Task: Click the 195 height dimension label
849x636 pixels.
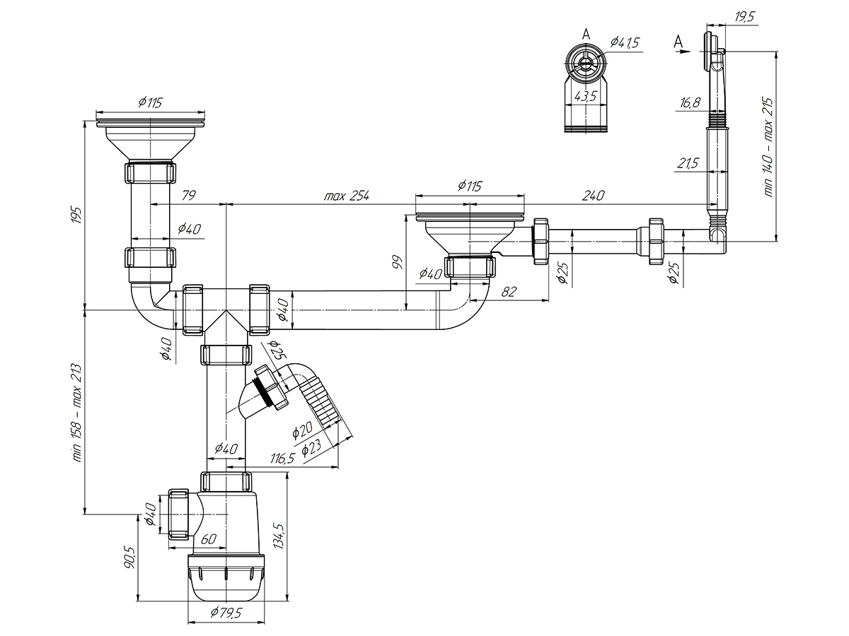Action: click(76, 215)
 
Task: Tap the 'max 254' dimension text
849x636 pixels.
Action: click(347, 196)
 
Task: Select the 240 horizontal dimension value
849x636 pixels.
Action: click(593, 196)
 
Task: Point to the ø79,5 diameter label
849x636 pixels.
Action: click(226, 613)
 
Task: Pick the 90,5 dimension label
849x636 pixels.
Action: click(129, 557)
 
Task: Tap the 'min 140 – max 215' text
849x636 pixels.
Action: click(768, 148)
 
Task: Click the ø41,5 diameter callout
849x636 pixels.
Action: click(625, 42)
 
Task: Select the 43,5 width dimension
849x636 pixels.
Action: click(586, 96)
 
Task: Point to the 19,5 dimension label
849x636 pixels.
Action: click(744, 18)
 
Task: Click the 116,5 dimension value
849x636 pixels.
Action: click(282, 459)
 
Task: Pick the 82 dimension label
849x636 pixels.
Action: click(508, 292)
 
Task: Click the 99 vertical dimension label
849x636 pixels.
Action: click(398, 262)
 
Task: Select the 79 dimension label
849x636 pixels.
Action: click(188, 196)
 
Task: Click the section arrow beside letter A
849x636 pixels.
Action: click(684, 52)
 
